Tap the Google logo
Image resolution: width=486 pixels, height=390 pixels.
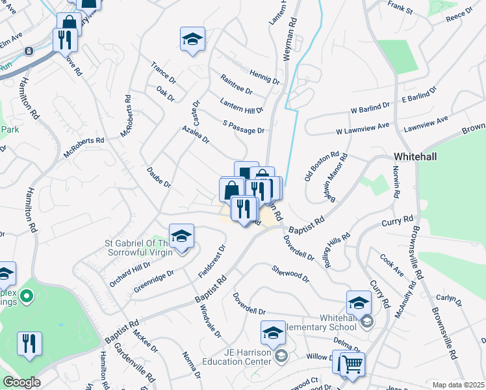(21, 382)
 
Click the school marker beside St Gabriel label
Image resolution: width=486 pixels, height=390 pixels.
(181, 237)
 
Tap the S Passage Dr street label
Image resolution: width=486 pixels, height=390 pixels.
(244, 127)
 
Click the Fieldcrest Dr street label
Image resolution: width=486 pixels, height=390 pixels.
(212, 262)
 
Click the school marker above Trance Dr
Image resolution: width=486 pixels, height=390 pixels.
(192, 39)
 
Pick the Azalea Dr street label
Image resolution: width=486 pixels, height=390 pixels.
(196, 134)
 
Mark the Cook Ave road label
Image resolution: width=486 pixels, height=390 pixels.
(392, 265)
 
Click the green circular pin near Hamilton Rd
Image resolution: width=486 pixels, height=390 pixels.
(26, 297)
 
